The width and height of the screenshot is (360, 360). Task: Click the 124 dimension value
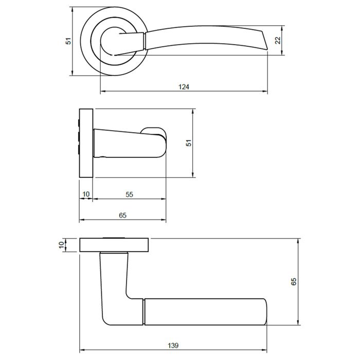pos(184,87)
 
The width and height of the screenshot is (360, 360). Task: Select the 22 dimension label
pos(278,41)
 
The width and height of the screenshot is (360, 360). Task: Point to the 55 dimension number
pos(129,194)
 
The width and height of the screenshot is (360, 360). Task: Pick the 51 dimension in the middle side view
pos(189,143)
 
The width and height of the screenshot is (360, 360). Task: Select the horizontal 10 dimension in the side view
pos(86,194)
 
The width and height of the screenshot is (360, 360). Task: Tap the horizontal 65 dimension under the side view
pos(122,216)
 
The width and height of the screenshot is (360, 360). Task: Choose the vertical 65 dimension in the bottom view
pos(294,282)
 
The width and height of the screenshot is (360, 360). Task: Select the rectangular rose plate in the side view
pos(85,142)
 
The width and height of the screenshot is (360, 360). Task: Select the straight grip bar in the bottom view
pos(206,311)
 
